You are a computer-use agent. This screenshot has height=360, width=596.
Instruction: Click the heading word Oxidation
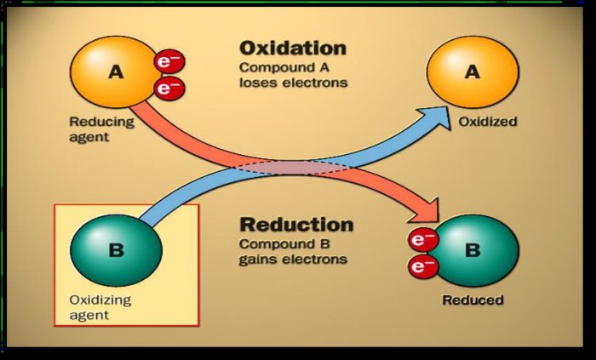[292, 49]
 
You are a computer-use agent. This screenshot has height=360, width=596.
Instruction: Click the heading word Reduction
[296, 226]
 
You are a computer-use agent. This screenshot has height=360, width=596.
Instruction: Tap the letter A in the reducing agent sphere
[116, 72]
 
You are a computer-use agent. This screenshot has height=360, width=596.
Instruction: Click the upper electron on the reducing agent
[168, 62]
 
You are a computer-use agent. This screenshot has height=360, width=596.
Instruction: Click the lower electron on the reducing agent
[169, 87]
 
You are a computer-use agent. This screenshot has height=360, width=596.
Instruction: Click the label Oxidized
[488, 122]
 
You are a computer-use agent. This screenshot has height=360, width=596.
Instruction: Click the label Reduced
[473, 300]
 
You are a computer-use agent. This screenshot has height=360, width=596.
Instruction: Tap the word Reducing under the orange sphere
[101, 121]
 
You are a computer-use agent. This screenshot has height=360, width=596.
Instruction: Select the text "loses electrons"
[293, 83]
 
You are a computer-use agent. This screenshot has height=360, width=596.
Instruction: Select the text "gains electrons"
[294, 259]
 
